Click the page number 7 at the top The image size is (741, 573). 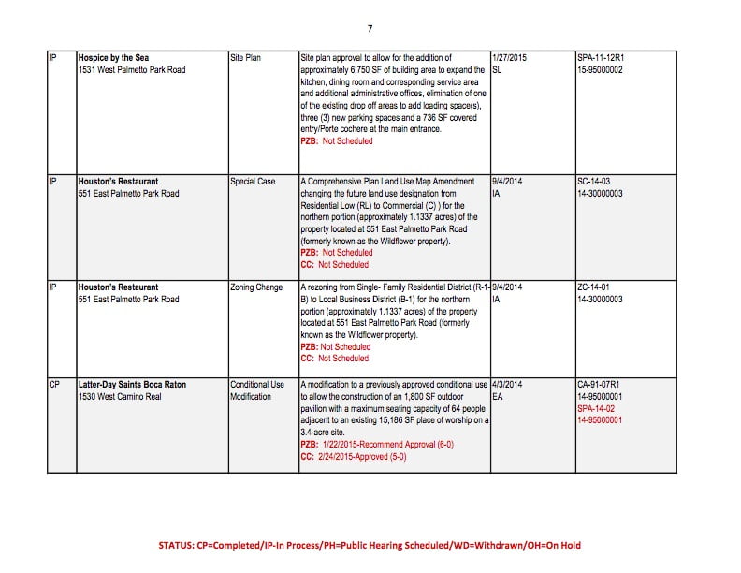click(x=370, y=28)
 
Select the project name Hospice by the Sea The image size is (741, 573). click(x=116, y=58)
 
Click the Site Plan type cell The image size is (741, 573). click(x=245, y=58)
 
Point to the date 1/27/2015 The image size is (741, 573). click(x=509, y=58)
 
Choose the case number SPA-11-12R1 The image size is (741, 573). click(x=602, y=58)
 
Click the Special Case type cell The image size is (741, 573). click(x=253, y=181)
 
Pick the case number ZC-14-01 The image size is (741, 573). click(x=596, y=287)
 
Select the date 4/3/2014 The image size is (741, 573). click(x=506, y=385)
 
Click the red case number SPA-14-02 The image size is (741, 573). click(x=599, y=409)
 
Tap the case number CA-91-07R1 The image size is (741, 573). click(x=602, y=385)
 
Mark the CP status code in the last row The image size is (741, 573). click(x=54, y=385)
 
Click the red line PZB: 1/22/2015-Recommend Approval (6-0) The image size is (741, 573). click(x=367, y=445)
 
